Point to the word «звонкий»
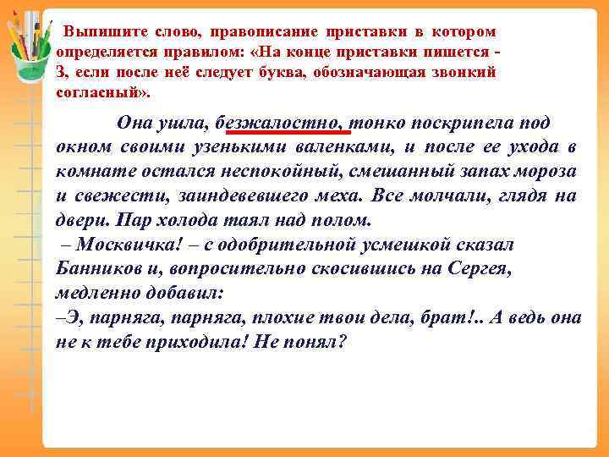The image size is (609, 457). point(461,73)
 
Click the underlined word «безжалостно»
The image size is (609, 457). point(278,122)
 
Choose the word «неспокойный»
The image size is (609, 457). point(308,171)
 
